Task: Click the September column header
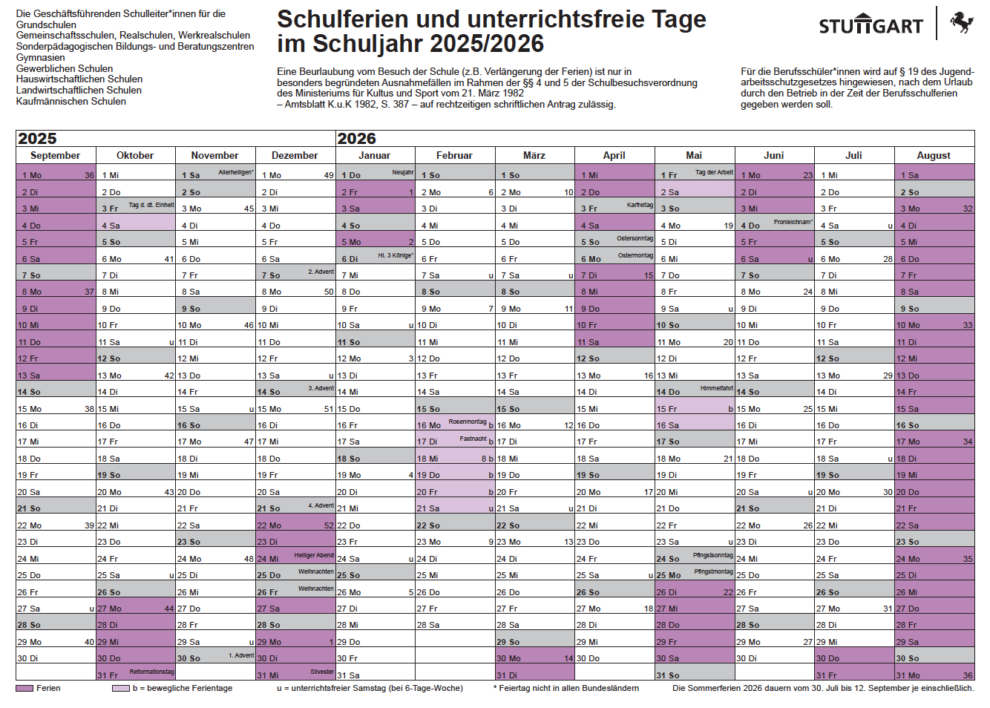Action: click(x=55, y=155)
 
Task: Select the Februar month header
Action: click(x=454, y=155)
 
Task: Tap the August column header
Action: click(x=934, y=155)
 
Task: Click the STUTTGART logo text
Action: click(x=871, y=27)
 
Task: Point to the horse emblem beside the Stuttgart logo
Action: click(x=961, y=22)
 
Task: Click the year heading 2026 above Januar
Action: click(x=357, y=139)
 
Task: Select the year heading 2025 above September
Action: click(x=37, y=139)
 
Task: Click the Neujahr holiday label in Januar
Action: click(x=403, y=172)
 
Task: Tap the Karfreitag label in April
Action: click(x=640, y=205)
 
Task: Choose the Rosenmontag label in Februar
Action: click(x=467, y=422)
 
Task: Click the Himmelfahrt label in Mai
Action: click(x=716, y=388)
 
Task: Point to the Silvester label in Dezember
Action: click(x=322, y=672)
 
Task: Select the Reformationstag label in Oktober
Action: click(x=151, y=672)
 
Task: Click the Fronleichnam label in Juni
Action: click(x=793, y=222)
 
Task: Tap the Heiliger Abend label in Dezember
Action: click(x=314, y=555)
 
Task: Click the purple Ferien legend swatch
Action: click(x=24, y=689)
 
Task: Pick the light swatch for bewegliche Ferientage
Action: click(x=121, y=689)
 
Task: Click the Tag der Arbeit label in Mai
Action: click(x=714, y=172)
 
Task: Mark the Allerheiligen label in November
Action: click(x=236, y=172)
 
